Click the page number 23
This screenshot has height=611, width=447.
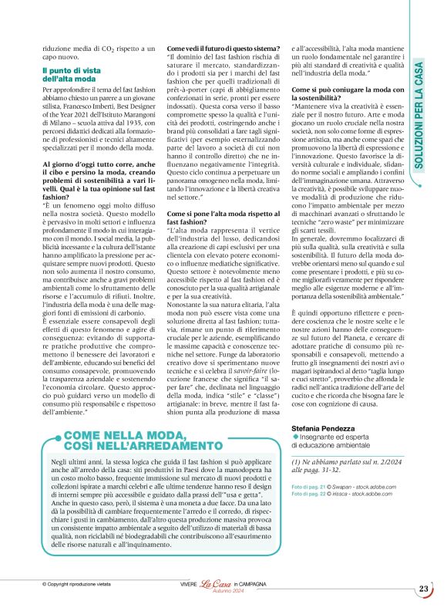click(424, 589)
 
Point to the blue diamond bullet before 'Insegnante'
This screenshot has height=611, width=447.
click(295, 437)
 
